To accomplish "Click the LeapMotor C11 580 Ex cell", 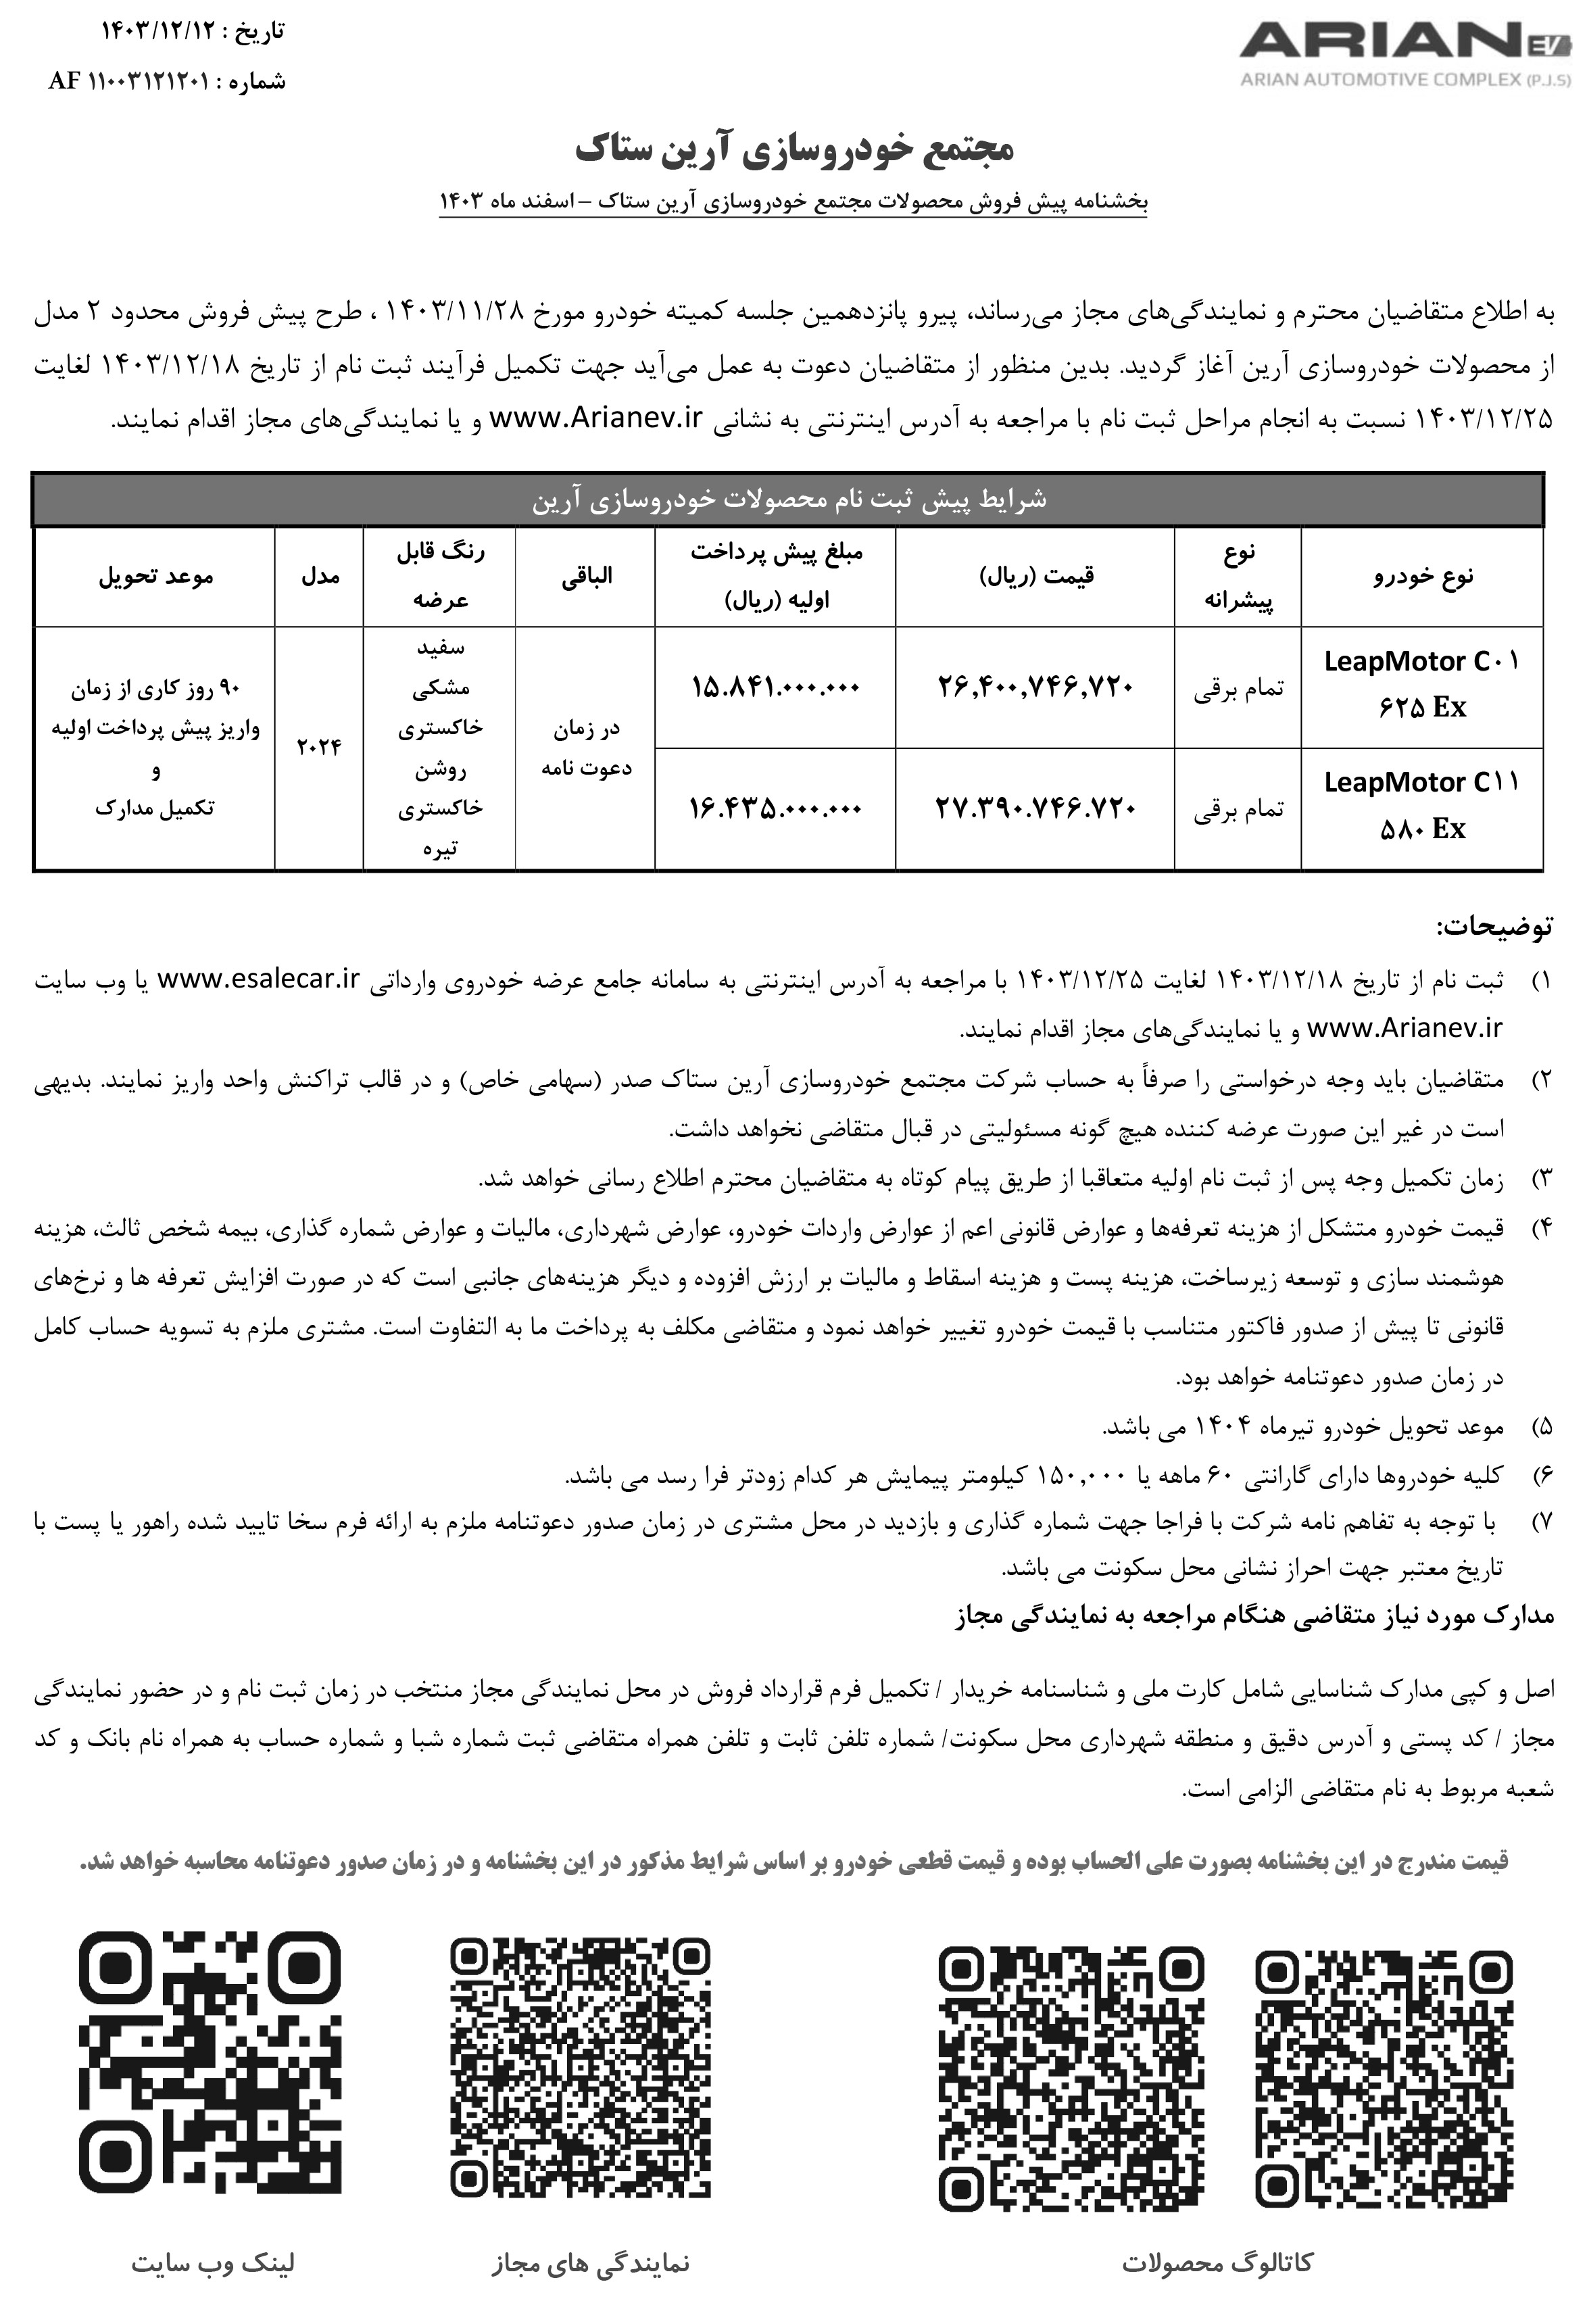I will click(1422, 806).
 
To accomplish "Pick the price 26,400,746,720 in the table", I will click(1034, 686).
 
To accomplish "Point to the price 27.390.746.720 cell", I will click(1034, 808).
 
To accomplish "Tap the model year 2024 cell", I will click(318, 747).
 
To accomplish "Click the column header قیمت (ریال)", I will click(1034, 576).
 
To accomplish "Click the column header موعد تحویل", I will click(155, 576).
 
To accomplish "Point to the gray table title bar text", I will click(789, 499).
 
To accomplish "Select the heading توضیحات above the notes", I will click(1494, 928).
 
